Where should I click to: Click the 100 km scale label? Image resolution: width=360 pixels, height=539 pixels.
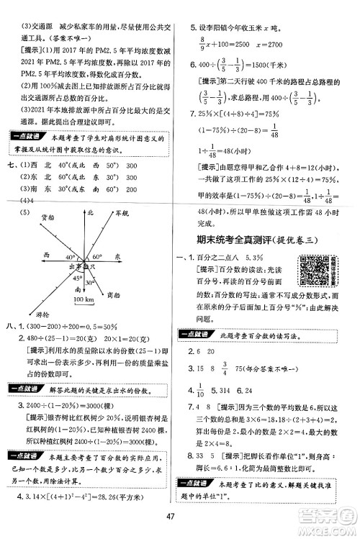[x=84, y=297]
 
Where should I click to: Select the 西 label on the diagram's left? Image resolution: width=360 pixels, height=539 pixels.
[x=46, y=254]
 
